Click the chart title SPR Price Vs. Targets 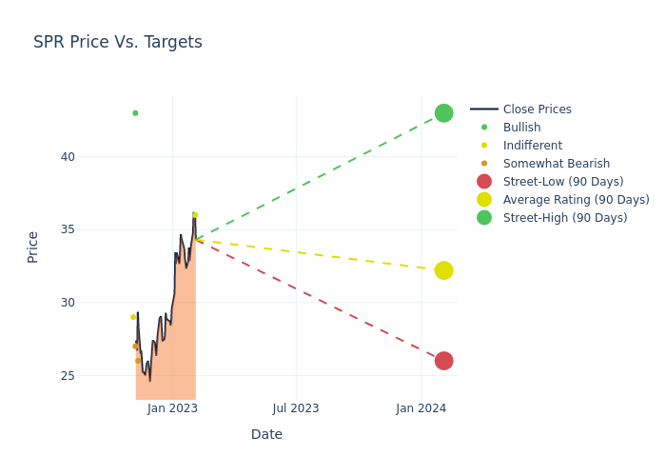tap(117, 42)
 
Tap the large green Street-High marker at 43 tap(443, 113)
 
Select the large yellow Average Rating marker tap(443, 270)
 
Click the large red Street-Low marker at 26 tap(443, 361)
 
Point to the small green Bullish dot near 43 tap(135, 113)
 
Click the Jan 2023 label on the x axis tap(172, 408)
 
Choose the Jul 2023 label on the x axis tap(296, 408)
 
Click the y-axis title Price tap(33, 247)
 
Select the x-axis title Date tap(266, 434)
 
